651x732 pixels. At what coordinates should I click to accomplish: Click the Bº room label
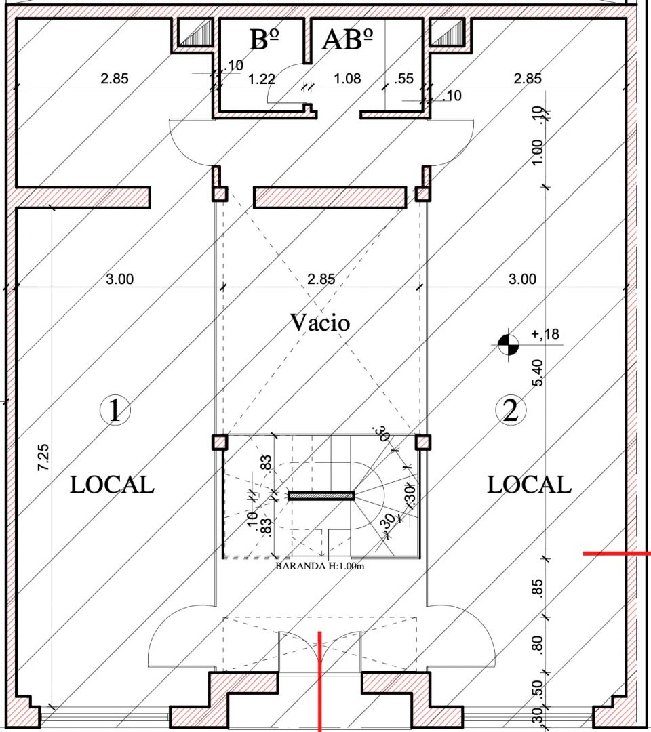264,39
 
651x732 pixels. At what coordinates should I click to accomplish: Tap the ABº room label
348,39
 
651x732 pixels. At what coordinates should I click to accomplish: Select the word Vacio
320,322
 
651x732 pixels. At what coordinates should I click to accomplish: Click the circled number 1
115,410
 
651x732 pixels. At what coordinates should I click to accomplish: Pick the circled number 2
511,410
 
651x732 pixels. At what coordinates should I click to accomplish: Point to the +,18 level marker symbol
508,344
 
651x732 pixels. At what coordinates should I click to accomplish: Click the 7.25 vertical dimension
43,457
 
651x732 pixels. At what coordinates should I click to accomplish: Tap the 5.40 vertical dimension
538,373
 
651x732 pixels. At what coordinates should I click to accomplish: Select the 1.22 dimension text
262,79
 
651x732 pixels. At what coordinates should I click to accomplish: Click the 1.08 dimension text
347,79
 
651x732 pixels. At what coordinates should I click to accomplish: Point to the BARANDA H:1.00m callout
320,566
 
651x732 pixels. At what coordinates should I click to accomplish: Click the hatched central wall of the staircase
321,495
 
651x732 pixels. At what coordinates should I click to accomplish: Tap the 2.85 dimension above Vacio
321,279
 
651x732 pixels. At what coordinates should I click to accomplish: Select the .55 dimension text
403,79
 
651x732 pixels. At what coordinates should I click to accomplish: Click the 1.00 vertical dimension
538,152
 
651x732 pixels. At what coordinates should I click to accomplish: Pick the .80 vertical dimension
538,645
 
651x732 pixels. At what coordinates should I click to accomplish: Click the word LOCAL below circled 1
112,485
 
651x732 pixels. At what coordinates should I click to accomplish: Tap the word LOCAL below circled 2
529,485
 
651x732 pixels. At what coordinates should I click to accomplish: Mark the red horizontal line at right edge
617,554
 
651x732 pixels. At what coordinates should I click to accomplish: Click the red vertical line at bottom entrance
320,682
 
